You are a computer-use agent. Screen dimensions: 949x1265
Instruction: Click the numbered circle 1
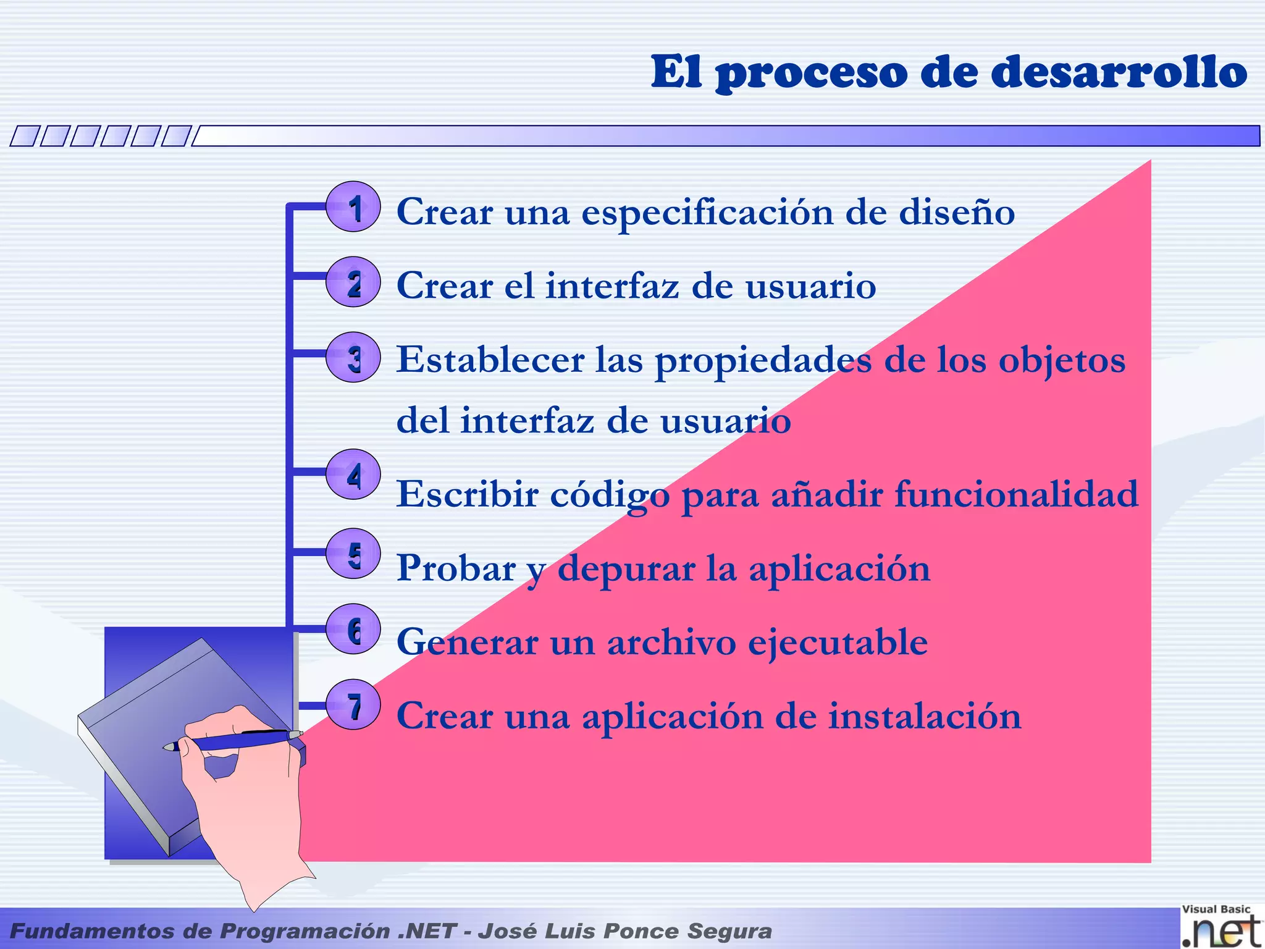click(x=353, y=207)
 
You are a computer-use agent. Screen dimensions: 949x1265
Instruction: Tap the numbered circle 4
click(x=353, y=474)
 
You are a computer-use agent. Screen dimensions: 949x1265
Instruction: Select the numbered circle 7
click(x=353, y=705)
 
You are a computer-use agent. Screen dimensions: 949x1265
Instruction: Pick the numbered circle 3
click(x=353, y=358)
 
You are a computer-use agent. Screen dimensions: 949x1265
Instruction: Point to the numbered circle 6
click(x=353, y=629)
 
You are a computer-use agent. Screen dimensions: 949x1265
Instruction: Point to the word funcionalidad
click(x=1016, y=494)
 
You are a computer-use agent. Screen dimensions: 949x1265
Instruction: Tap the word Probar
click(x=456, y=568)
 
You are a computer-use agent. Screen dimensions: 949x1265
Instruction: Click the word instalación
click(x=925, y=716)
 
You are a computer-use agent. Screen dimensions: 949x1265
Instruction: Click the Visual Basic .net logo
click(x=1221, y=926)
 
